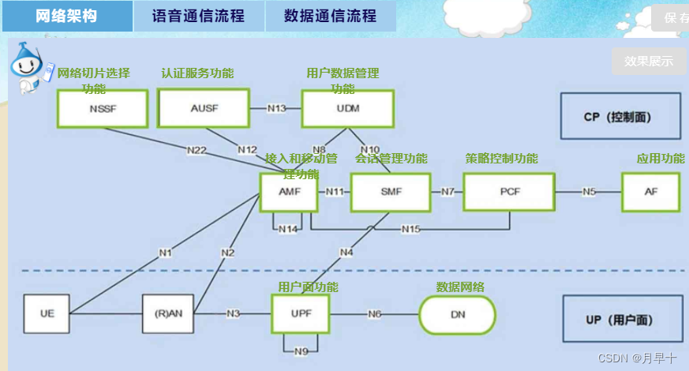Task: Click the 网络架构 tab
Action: click(67, 16)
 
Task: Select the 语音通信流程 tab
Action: click(199, 16)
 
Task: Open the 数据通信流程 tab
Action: click(330, 16)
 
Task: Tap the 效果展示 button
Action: click(649, 61)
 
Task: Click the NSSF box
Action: click(103, 109)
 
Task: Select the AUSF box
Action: click(204, 109)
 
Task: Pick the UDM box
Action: click(347, 109)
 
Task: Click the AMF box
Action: click(288, 192)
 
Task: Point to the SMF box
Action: click(391, 192)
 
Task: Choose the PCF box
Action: click(509, 192)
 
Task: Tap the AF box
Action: click(650, 192)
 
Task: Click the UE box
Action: click(47, 313)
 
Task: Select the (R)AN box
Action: click(167, 313)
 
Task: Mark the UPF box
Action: click(299, 313)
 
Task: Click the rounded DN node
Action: click(457, 314)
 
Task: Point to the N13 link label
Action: click(276, 109)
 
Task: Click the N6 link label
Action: click(374, 314)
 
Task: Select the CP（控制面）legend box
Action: click(620, 117)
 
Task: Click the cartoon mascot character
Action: click(30, 67)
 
